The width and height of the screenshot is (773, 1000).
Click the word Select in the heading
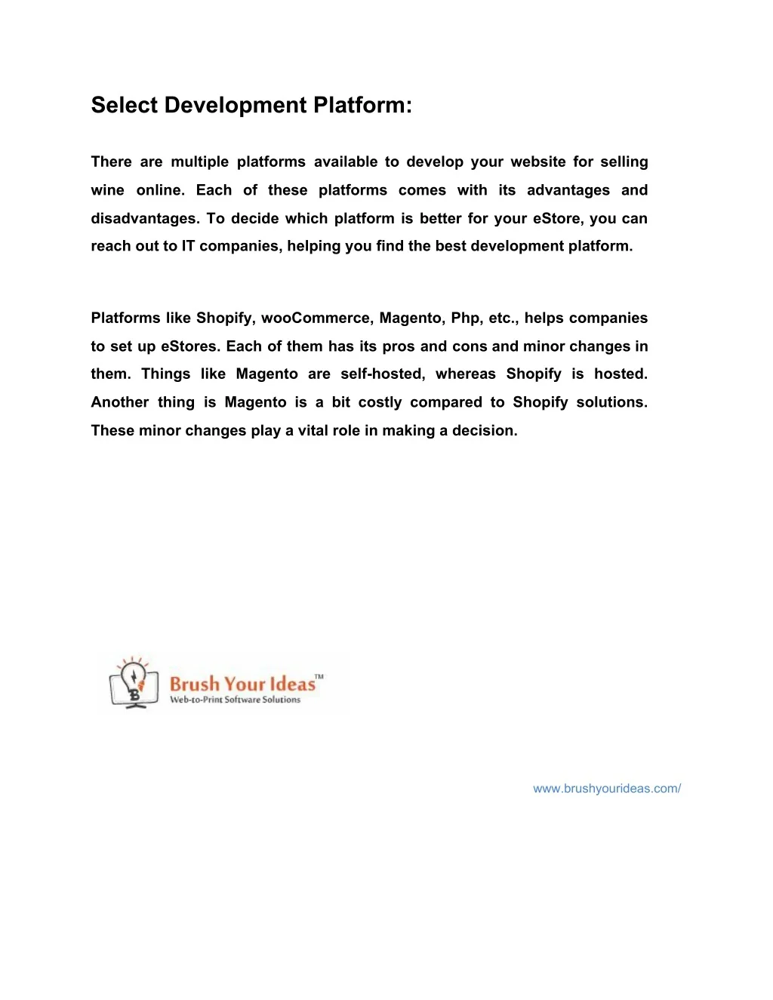(x=124, y=105)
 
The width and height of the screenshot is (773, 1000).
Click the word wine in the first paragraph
(x=107, y=190)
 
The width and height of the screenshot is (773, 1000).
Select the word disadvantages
(x=145, y=219)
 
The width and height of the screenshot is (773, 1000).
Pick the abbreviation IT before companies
(x=188, y=246)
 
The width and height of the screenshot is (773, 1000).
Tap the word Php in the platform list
(x=467, y=318)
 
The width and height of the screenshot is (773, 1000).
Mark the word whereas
(x=465, y=374)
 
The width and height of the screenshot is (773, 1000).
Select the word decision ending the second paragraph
(x=484, y=431)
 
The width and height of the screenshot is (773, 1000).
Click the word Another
(x=119, y=402)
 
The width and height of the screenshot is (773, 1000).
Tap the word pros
(x=399, y=346)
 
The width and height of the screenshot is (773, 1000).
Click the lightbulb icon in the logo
(x=134, y=677)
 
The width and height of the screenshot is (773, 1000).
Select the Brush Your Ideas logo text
(x=242, y=684)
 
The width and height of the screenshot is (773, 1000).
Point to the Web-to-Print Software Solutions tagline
(x=235, y=700)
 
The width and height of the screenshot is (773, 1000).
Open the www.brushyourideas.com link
(x=607, y=789)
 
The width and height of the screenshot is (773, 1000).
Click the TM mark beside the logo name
(x=319, y=677)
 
